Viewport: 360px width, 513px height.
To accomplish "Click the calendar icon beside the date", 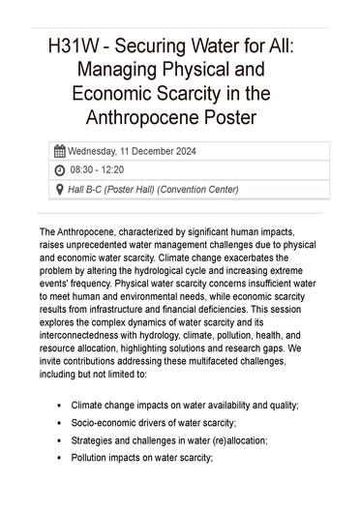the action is [60, 151].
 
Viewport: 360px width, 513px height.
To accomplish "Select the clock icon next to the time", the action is [60, 169].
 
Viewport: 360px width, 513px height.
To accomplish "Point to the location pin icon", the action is [60, 189].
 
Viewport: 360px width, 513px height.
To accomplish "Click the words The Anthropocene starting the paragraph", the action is [81, 233].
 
